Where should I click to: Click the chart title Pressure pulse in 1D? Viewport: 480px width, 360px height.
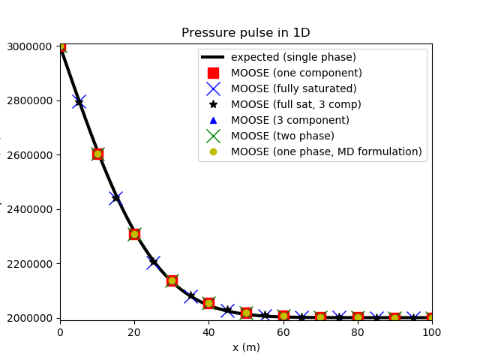[x=245, y=33]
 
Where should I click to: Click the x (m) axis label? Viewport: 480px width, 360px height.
[x=245, y=347]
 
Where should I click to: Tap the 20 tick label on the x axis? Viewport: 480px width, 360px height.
[x=134, y=332]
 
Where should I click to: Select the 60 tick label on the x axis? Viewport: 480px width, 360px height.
[x=283, y=332]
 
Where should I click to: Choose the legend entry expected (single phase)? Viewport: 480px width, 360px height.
[x=293, y=58]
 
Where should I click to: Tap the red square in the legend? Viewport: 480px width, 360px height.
[x=213, y=73]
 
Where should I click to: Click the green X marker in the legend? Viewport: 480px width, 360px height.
[x=213, y=136]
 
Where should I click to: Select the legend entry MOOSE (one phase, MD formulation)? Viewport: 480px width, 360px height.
[x=326, y=151]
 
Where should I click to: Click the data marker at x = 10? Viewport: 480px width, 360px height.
[x=97, y=154]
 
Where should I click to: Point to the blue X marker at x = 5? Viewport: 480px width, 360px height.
[x=79, y=101]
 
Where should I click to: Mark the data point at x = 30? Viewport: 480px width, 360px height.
[x=172, y=280]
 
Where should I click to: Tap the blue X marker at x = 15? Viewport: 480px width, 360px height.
[x=115, y=198]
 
